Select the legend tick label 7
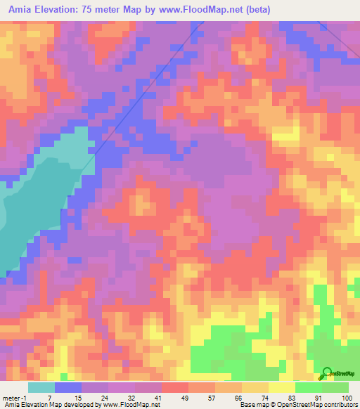pyautogui.click(x=50, y=397)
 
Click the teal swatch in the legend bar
pyautogui.click(x=41, y=387)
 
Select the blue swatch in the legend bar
pyautogui.click(x=67, y=387)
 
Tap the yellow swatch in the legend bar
pyautogui.click(x=255, y=387)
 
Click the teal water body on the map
pyautogui.click(x=28, y=204)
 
